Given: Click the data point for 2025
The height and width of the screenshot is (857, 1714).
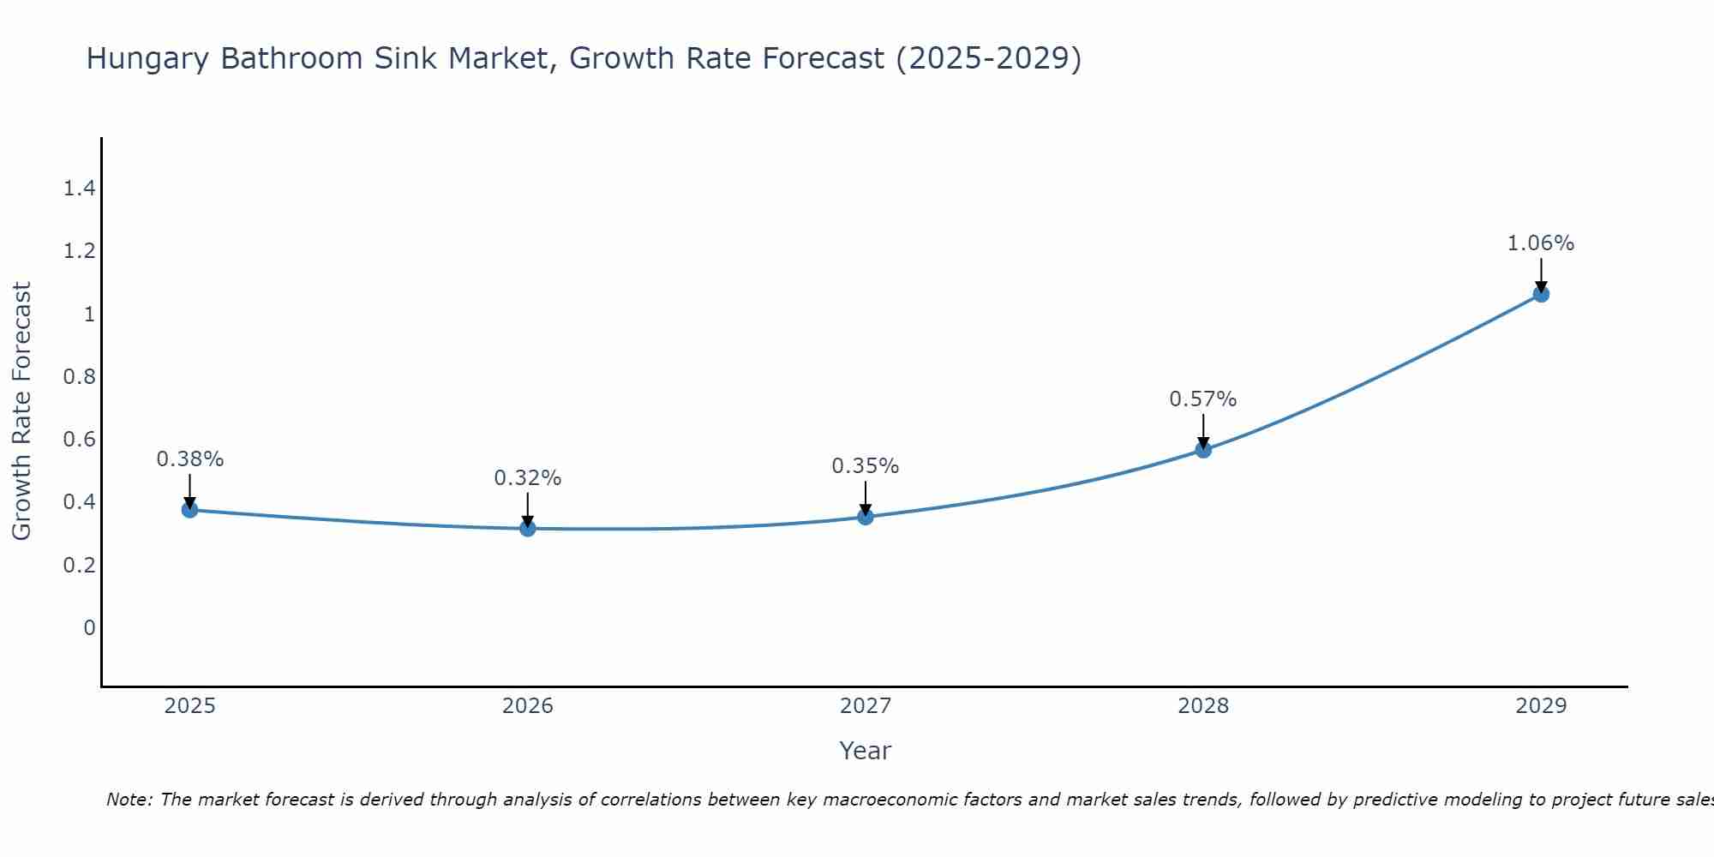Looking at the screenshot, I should [189, 510].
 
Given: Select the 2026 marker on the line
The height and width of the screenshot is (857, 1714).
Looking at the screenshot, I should [527, 529].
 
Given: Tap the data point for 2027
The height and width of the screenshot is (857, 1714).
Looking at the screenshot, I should [865, 517].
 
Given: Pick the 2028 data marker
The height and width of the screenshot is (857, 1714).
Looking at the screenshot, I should [1202, 450].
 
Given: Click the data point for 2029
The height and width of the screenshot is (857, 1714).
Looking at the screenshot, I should [1540, 294].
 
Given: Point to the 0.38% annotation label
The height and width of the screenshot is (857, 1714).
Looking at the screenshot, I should [189, 459].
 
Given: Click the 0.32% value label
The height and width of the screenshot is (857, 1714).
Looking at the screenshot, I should [527, 478].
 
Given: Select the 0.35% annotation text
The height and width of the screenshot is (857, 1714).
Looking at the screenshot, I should [865, 466].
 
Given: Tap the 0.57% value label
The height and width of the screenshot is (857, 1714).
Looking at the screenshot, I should [1202, 399].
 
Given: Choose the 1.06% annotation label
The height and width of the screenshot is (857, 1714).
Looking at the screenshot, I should [1540, 243].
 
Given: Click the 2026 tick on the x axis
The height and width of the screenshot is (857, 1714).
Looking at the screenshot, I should [527, 706].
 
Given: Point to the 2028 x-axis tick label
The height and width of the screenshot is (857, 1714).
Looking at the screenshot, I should [1202, 706].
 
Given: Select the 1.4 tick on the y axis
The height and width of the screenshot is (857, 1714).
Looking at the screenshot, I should [79, 189].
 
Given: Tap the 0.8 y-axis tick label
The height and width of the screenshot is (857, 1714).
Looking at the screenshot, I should [79, 377].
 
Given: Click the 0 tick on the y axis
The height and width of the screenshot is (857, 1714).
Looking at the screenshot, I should [89, 628].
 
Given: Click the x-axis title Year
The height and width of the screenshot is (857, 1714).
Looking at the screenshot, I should [865, 751].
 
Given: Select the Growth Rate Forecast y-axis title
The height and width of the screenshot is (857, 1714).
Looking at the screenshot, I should [21, 411].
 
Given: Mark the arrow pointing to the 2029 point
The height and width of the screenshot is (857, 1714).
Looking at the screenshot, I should [1540, 273].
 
